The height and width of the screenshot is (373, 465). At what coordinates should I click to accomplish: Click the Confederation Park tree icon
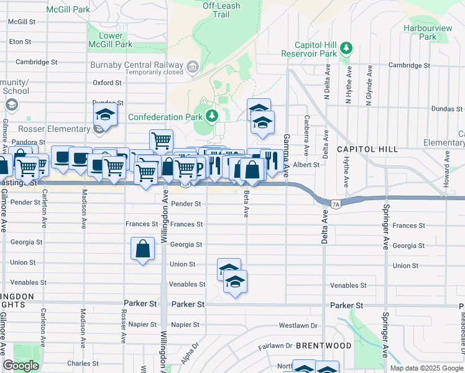pos(212,116)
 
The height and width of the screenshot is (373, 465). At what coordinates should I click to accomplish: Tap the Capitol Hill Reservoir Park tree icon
pos(347,48)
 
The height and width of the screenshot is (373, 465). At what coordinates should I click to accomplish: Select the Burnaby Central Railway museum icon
pos(193,67)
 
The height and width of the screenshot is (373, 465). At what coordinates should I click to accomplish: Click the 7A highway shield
pos(336,203)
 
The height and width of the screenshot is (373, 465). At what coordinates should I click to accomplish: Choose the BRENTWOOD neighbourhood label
pos(323,345)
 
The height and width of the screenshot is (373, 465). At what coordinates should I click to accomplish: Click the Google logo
pos(21,366)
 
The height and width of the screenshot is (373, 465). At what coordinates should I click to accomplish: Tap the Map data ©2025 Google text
pos(426,368)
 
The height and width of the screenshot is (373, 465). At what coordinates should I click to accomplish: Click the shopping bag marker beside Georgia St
pos(143,249)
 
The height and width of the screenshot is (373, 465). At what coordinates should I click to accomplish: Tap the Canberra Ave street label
pos(306,135)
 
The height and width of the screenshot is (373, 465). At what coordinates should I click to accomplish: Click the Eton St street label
pos(20,42)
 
